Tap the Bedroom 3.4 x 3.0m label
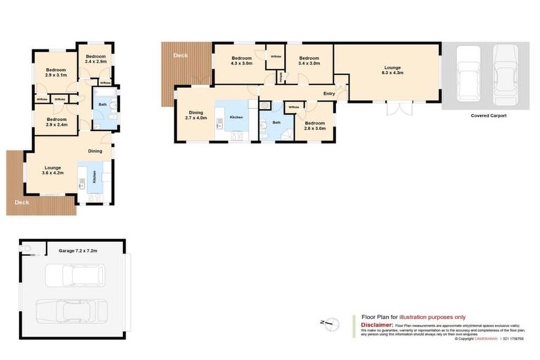tap(309, 60)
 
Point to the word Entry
tap(328, 94)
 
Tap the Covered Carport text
tap(489, 115)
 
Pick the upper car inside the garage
tap(75, 275)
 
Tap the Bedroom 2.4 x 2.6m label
tap(95, 58)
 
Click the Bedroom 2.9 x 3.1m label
tap(56, 72)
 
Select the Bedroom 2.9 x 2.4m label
tap(56, 122)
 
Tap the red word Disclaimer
tap(375, 326)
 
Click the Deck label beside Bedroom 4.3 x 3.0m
tap(181, 56)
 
